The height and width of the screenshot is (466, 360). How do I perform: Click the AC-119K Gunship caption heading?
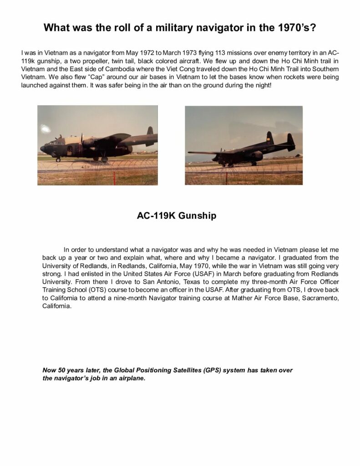coord(177,216)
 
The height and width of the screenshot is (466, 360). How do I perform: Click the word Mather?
coord(238,298)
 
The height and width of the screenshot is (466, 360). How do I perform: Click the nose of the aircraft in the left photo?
coord(42,148)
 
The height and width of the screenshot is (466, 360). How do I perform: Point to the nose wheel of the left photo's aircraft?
coord(58,160)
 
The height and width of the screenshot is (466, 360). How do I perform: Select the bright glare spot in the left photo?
coord(46,129)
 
